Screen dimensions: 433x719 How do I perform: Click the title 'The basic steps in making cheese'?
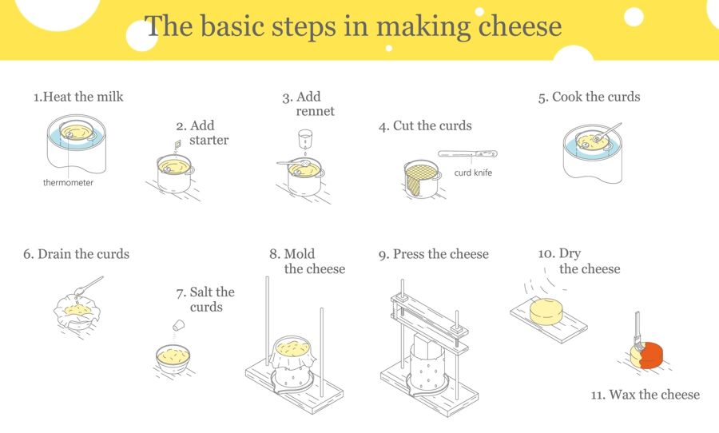point(353,26)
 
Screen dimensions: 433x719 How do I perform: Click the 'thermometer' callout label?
point(68,182)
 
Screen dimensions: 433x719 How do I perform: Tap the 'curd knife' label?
point(473,173)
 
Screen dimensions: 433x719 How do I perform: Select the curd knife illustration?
point(467,153)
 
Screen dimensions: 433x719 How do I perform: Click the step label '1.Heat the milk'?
point(78,97)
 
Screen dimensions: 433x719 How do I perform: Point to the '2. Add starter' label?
point(202,133)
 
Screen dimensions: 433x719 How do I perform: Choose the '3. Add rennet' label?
point(308,104)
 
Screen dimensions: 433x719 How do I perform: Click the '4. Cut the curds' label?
point(425,125)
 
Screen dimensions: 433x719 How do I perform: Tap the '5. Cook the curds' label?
point(589,97)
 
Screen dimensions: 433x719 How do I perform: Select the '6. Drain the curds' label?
point(76,254)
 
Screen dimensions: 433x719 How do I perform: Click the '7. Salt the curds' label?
point(205,300)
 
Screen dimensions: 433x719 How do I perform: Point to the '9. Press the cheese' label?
point(433,254)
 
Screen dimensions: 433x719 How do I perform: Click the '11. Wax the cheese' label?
point(645,395)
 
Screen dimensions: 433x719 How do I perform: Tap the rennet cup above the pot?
point(304,138)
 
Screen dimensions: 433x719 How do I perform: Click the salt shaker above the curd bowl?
point(180,325)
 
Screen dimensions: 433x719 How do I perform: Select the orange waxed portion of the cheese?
point(653,355)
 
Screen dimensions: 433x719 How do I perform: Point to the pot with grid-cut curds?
point(421,179)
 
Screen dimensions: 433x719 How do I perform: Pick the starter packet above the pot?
point(177,142)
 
